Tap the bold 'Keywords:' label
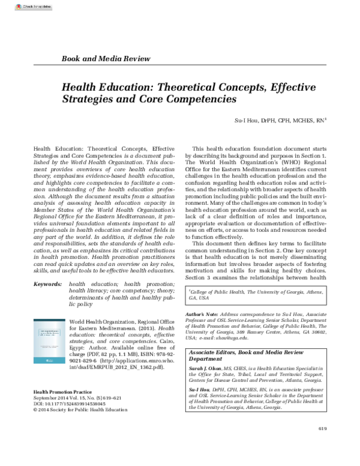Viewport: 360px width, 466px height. click(48, 283)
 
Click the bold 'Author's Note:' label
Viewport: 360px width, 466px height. click(203, 315)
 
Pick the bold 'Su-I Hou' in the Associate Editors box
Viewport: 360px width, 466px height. click(198, 389)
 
